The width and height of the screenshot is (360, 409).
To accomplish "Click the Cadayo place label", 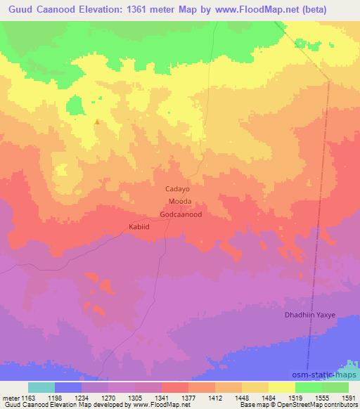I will pos(177,189).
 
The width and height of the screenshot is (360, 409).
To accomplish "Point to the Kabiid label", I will pos(139,226).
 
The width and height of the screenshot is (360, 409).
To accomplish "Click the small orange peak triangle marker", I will pos(96,122).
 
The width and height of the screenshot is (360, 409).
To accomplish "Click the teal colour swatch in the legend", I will pos(41,387).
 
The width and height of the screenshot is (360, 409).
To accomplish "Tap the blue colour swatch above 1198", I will pos(68,387).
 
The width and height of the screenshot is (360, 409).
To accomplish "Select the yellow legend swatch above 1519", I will pos(283,387).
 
